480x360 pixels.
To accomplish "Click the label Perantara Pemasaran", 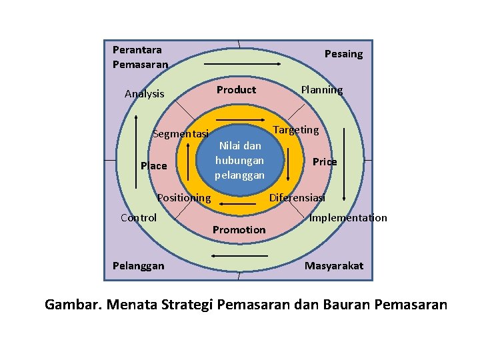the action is (140, 57).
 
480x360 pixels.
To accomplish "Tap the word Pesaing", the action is (343, 54).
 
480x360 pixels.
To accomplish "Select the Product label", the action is (236, 90).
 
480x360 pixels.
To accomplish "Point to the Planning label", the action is (321, 90).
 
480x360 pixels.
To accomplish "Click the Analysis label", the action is (144, 94).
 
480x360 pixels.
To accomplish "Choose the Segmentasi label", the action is (181, 134).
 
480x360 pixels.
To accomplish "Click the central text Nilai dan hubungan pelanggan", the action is (239, 160).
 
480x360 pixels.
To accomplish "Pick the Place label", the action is (154, 166).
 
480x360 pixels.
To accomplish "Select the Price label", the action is (325, 162).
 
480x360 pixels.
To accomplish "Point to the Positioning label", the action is (183, 198).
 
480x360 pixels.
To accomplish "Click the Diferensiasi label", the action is (297, 198).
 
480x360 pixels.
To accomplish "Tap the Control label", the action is (139, 218).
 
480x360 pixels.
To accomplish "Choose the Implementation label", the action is (348, 218).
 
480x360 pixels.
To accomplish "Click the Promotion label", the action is (239, 230).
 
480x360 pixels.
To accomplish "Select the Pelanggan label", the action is (138, 266).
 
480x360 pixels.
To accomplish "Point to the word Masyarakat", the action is (334, 266).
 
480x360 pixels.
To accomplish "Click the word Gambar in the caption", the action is (71, 305).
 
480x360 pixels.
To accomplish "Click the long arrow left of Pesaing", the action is (243, 64).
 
